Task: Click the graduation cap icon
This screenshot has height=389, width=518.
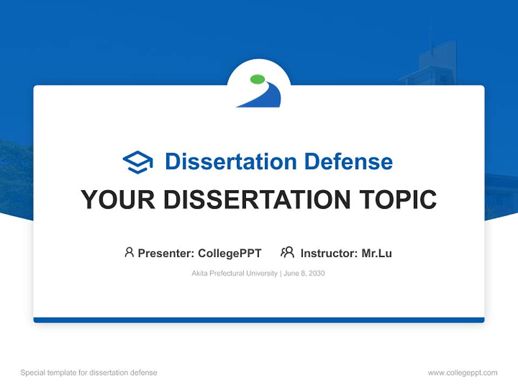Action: (138, 162)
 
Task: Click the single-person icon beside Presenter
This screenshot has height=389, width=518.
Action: (129, 252)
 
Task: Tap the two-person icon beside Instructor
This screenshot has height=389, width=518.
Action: (287, 252)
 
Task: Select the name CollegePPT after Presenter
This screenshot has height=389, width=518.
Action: (229, 253)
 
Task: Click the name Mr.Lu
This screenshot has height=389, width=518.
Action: (377, 253)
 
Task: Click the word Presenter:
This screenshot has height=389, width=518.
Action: (166, 253)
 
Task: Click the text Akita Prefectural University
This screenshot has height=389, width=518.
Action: (234, 273)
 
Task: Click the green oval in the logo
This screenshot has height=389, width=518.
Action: (258, 80)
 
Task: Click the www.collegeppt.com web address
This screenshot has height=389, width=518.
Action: (462, 373)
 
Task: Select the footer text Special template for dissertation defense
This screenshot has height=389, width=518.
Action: (89, 373)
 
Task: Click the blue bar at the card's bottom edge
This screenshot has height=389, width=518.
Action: (259, 320)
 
